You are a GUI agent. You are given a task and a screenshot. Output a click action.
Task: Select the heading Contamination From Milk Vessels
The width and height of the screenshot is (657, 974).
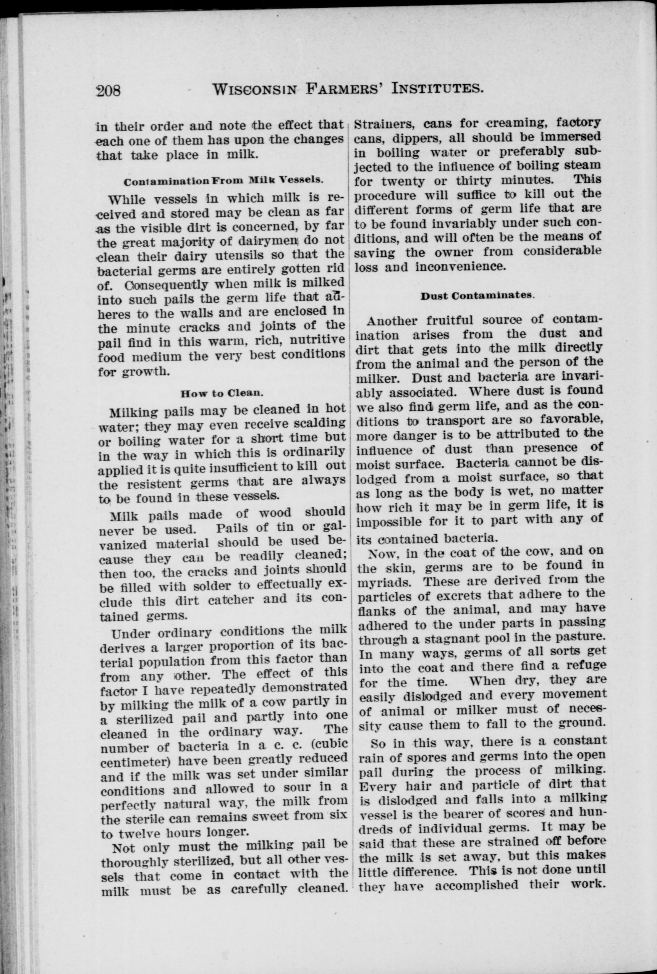tap(223, 181)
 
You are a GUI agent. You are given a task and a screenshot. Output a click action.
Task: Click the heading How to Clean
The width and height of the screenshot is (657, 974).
tap(222, 393)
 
